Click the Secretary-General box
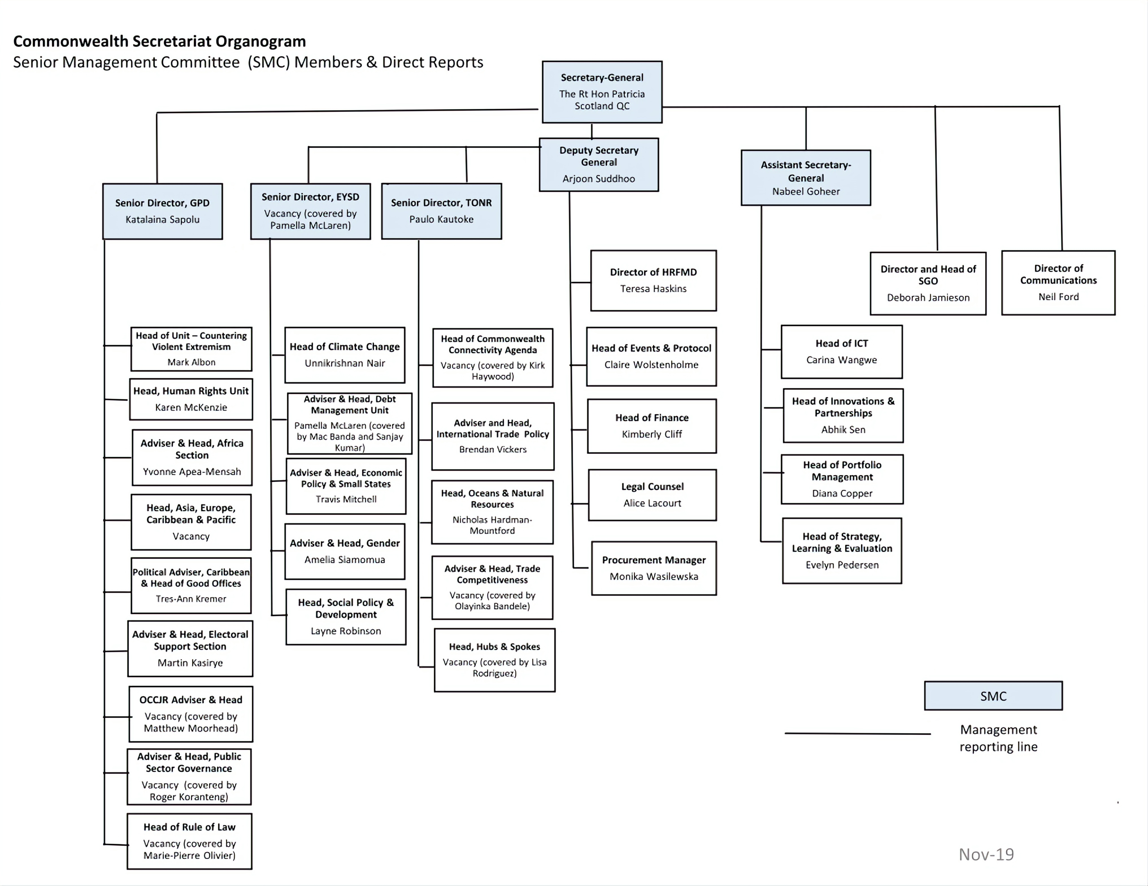[x=602, y=92]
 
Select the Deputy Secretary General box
[x=599, y=165]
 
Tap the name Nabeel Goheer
[x=806, y=192]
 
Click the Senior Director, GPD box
[x=162, y=211]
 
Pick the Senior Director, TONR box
[x=442, y=211]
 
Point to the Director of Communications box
[x=1058, y=282]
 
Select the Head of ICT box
[x=842, y=351]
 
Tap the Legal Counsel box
[x=652, y=495]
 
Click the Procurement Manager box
[x=654, y=568]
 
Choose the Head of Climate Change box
[x=345, y=355]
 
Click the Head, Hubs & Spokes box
[x=495, y=660]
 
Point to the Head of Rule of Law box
[x=189, y=841]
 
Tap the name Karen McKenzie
[x=191, y=407]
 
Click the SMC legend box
[x=993, y=696]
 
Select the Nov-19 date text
[x=986, y=854]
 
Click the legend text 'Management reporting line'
[x=998, y=738]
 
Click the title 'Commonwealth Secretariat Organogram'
[x=159, y=41]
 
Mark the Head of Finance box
[x=652, y=426]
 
